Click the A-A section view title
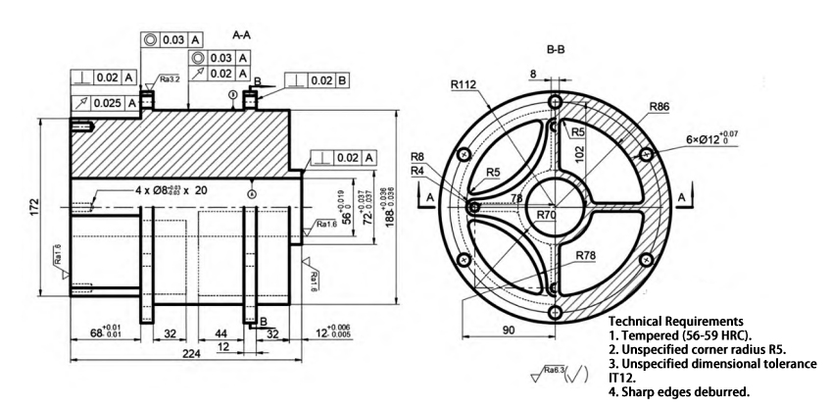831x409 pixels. click(241, 32)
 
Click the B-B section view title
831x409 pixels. click(559, 48)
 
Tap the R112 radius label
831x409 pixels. click(464, 85)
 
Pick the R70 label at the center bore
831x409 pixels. click(549, 213)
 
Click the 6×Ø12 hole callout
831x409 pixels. click(702, 137)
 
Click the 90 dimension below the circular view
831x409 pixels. click(510, 331)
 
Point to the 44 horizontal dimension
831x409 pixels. click(221, 333)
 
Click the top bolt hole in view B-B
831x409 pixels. click(556, 101)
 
